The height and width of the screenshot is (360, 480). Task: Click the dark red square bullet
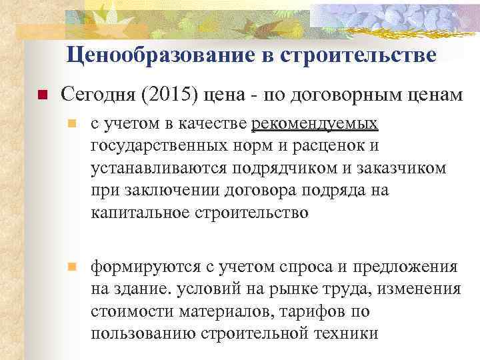(x=41, y=96)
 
